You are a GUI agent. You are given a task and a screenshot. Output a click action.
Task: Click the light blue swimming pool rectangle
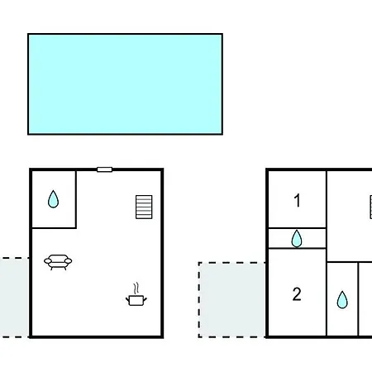[125, 84]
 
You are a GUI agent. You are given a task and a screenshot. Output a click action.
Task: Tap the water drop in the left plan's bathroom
[53, 199]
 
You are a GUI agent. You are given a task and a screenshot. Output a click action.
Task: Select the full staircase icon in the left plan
[144, 207]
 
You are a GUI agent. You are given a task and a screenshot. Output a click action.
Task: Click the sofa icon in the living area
[58, 262]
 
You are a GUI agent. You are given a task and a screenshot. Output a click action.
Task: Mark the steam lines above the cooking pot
[136, 289]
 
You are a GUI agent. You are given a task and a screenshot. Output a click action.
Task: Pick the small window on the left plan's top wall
[104, 169]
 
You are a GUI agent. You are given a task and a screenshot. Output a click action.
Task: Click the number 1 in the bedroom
[297, 200]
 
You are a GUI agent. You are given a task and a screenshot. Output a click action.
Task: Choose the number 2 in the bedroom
[297, 294]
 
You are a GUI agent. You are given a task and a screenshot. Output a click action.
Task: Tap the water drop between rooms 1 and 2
[297, 239]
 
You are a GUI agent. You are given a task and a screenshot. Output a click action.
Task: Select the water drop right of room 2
[342, 299]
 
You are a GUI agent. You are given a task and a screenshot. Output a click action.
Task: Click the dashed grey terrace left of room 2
[232, 300]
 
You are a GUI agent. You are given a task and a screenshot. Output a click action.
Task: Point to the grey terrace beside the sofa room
[14, 298]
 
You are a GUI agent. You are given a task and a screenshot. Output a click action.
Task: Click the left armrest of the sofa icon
[48, 260]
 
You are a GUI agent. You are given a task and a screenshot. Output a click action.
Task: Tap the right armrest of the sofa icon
[69, 260]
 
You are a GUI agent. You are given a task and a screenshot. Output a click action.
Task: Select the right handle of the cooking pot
[145, 299]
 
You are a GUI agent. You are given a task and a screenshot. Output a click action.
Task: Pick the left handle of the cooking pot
[127, 299]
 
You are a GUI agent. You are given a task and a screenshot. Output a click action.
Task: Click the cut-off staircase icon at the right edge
[370, 207]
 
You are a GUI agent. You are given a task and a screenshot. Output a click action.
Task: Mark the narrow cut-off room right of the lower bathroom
[365, 299]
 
